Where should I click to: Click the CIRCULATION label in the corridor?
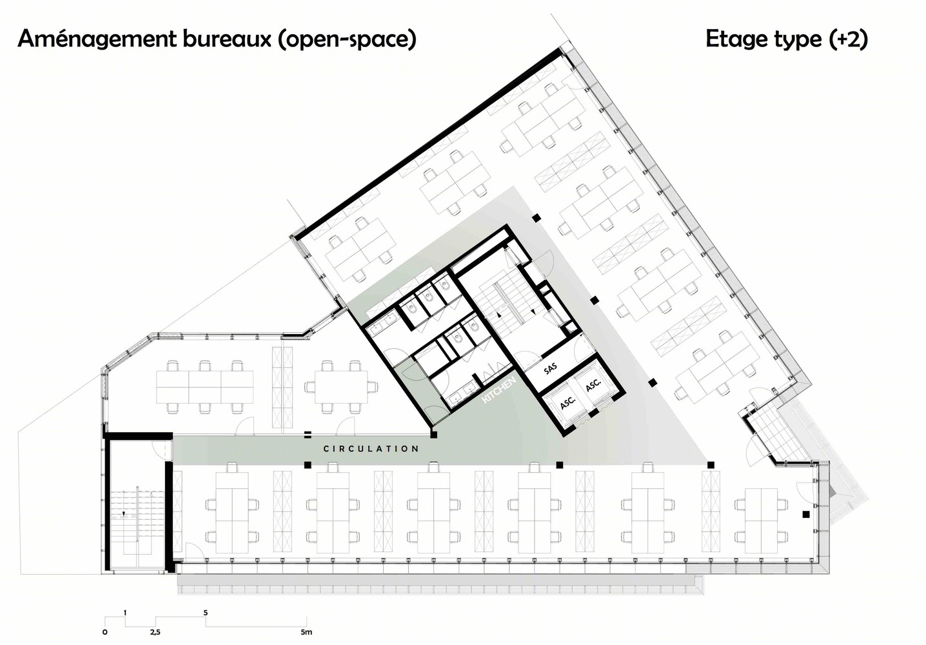pyautogui.click(x=371, y=449)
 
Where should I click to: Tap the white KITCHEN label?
pyautogui.click(x=499, y=390)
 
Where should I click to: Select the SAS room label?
pyautogui.click(x=550, y=368)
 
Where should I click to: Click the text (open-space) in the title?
pyautogui.click(x=347, y=40)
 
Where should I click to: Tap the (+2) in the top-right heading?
pyautogui.click(x=848, y=39)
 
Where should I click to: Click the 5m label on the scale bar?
pyautogui.click(x=306, y=632)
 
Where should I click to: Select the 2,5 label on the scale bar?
pyautogui.click(x=155, y=632)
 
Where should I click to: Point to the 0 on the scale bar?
pyautogui.click(x=105, y=632)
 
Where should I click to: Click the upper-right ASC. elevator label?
pyautogui.click(x=593, y=385)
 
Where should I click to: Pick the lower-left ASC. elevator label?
pyautogui.click(x=568, y=402)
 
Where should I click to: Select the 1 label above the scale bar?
pyautogui.click(x=125, y=613)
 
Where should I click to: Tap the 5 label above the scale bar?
pyautogui.click(x=206, y=613)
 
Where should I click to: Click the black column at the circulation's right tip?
pyautogui.click(x=711, y=465)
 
